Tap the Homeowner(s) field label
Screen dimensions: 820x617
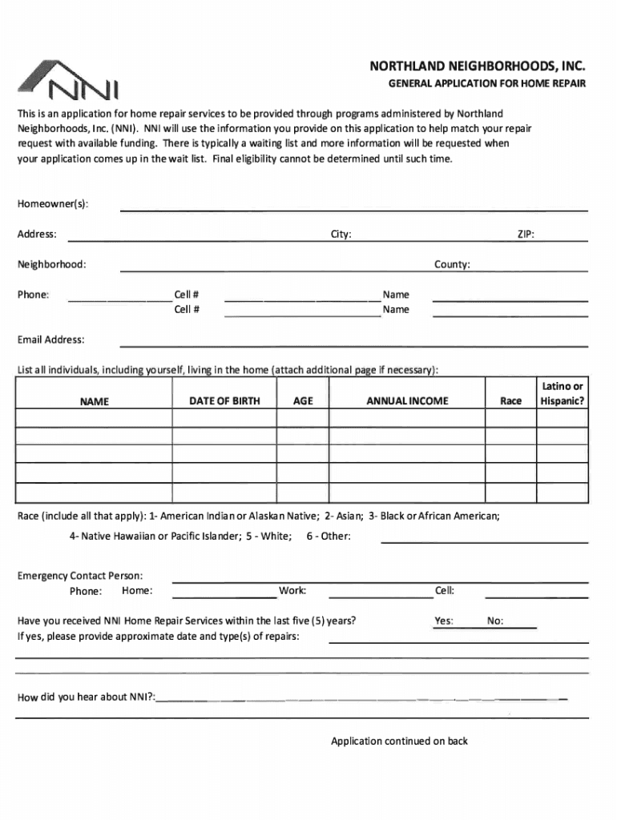pos(53,204)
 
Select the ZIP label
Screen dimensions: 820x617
pos(526,235)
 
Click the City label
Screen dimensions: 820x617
pos(341,235)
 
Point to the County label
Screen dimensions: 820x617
pos(452,264)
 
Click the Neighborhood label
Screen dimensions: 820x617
pos(52,264)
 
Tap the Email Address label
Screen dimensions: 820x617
pos(50,340)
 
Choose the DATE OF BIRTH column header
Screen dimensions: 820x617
pos(224,400)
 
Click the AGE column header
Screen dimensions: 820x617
pos(303,400)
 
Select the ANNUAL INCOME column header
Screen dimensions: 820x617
pos(407,400)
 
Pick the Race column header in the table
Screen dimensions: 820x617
pos(510,401)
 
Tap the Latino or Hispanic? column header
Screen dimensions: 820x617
pos(562,394)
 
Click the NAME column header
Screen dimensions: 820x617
pos(95,401)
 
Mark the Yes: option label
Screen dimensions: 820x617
pos(444,621)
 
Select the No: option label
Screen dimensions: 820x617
pos(495,621)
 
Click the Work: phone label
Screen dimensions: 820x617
pos(292,591)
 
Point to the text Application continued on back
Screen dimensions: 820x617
pos(399,741)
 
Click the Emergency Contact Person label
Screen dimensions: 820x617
pos(80,576)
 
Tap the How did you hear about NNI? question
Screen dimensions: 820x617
pos(87,697)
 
